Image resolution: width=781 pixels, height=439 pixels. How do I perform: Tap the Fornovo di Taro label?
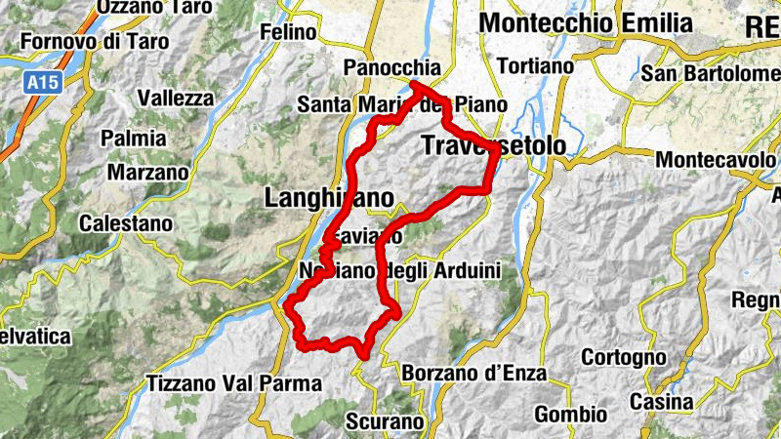pos(94,42)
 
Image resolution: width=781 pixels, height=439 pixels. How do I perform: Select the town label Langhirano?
pos(329,198)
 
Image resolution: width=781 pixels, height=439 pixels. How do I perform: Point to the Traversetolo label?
pos(493,144)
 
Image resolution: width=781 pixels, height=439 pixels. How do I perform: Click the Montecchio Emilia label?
pos(586,22)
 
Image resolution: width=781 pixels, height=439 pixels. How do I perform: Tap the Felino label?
pos(288,32)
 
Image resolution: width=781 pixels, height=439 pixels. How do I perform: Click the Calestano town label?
pos(126,223)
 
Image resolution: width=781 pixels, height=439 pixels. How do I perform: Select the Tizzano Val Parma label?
pos(233,382)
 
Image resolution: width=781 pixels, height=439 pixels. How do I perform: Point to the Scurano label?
pos(385,422)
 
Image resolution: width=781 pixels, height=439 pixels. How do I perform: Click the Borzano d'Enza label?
pos(473,374)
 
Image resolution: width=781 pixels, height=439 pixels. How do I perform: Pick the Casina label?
pos(661,401)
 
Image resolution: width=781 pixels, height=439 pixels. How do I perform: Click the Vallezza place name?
pos(176,98)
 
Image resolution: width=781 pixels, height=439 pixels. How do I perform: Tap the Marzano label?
pos(147,172)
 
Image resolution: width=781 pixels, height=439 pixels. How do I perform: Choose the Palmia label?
pos(133,139)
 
